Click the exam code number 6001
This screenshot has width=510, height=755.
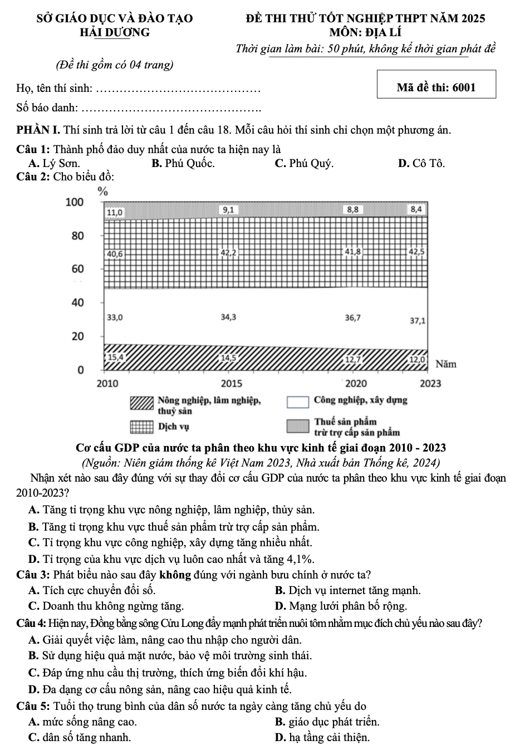464,87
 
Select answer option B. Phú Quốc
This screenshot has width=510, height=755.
183,164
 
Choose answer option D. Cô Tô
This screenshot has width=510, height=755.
421,164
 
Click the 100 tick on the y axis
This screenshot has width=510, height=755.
75,202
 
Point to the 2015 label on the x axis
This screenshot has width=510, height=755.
232,384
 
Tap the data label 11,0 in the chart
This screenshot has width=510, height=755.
115,212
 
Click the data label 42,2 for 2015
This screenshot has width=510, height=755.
229,253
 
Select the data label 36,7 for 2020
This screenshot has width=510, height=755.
352,318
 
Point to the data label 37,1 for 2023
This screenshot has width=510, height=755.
418,321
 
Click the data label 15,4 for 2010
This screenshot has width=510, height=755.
116,356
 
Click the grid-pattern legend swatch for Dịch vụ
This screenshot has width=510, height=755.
141,427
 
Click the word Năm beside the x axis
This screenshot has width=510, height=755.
446,365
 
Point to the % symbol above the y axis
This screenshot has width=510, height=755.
102,192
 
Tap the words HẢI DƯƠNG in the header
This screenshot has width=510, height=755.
115,32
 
